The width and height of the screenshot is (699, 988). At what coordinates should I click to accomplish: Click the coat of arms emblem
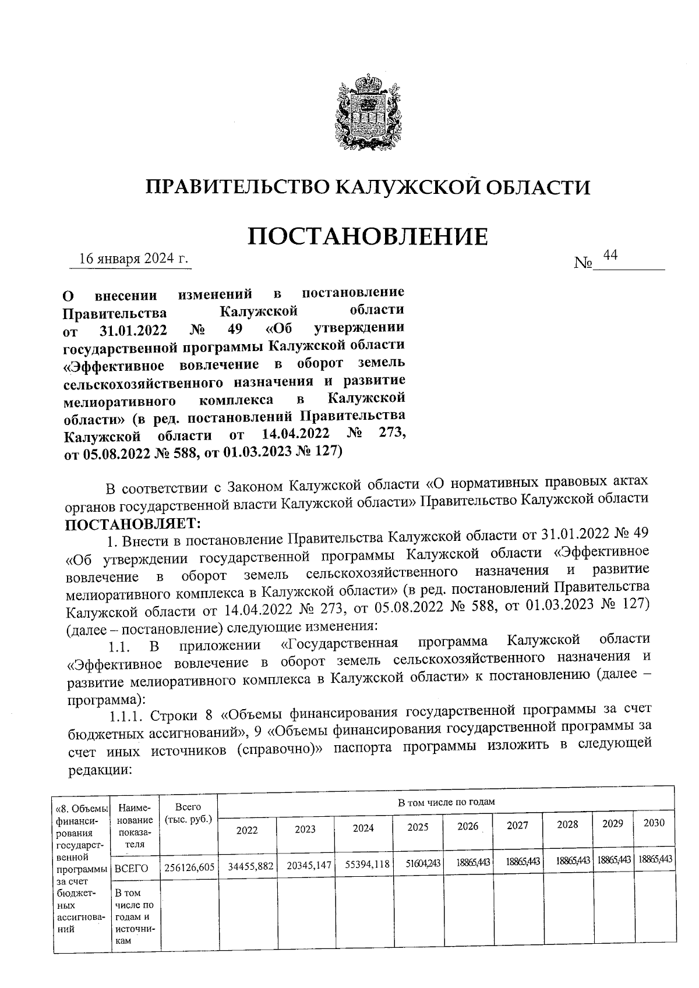coord(368,114)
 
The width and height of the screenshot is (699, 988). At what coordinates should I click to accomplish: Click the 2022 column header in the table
coord(246,830)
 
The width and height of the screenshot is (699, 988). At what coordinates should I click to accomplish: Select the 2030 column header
coord(654,823)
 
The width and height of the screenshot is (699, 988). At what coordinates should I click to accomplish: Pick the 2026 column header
coord(467,826)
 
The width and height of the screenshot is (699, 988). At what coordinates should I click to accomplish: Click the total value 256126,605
coord(189,867)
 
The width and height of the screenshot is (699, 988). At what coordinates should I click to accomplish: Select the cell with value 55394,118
coord(367,865)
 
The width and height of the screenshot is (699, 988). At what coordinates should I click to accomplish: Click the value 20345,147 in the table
coord(309,866)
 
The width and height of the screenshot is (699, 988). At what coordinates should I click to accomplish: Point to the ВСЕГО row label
coord(131,869)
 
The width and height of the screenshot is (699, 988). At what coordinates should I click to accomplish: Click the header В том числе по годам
coord(446,802)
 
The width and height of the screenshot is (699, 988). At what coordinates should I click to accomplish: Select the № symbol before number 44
coord(582,263)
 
